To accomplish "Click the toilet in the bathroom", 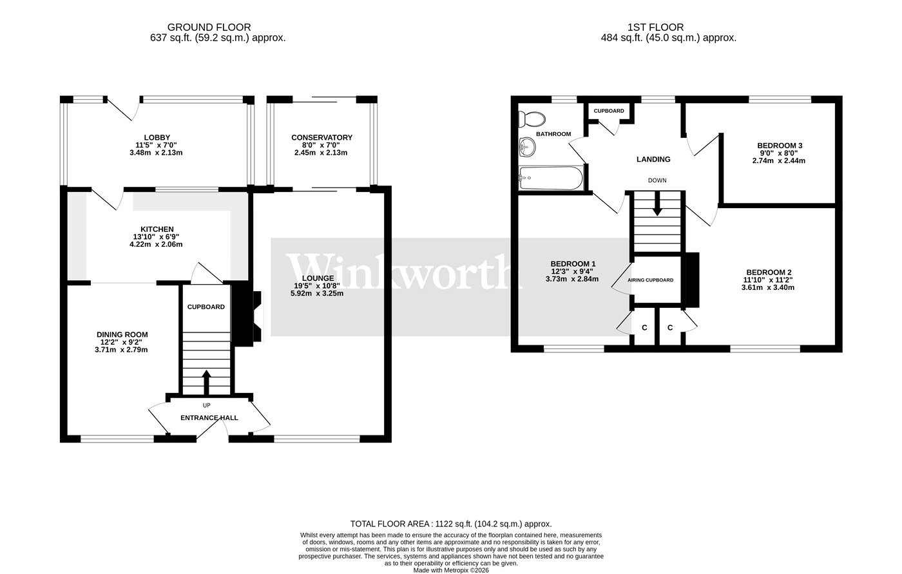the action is [532, 119].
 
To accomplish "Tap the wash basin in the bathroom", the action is [527, 148].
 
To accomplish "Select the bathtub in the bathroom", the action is [551, 178].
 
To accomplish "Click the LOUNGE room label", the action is [318, 278].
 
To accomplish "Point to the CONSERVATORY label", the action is [321, 137].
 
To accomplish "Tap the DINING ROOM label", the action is [122, 334].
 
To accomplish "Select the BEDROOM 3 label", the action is [780, 146].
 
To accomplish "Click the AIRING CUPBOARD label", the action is [650, 280].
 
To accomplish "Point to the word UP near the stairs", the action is [206, 405].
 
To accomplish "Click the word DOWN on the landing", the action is [657, 180].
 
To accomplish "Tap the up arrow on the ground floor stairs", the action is [206, 382].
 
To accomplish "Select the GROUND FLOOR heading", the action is [209, 27].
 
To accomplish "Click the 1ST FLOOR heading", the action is [656, 27].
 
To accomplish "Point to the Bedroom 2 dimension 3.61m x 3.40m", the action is [768, 287].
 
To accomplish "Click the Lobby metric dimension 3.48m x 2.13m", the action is [156, 153].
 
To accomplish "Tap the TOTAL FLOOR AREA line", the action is [451, 524].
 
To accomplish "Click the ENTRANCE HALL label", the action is [209, 418].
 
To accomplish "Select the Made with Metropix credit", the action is [451, 570].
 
